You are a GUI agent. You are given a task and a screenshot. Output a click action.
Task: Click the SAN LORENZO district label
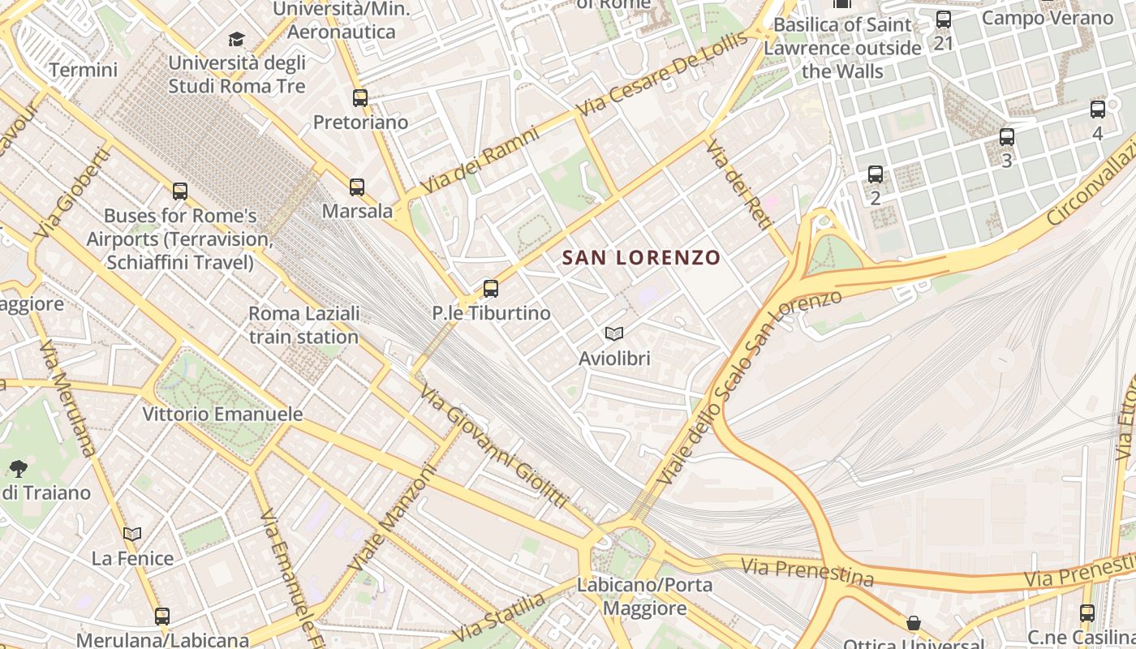point(641,258)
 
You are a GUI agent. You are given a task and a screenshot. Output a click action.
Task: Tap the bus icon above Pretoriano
point(360,98)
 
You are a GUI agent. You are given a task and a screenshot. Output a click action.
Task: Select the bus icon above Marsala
point(357,187)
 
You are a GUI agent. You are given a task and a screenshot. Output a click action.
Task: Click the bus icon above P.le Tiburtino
point(490,289)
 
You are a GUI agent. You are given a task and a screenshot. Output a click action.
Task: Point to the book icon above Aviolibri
point(614,333)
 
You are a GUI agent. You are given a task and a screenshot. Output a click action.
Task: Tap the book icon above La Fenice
point(132,534)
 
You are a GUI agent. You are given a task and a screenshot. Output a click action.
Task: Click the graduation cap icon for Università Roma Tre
point(236,39)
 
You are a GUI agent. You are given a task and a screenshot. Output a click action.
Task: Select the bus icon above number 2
point(875,174)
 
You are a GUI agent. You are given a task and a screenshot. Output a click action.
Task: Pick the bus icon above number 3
point(1007,136)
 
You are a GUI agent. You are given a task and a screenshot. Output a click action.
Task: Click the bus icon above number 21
point(943,19)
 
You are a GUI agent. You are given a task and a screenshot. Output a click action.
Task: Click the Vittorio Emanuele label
point(211,414)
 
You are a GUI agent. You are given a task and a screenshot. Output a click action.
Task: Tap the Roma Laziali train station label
point(303,324)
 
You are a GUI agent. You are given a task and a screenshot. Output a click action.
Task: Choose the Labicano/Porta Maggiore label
point(645,596)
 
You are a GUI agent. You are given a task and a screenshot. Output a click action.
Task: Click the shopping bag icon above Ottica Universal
point(914,623)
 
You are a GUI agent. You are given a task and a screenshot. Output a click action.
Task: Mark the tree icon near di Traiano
point(18,468)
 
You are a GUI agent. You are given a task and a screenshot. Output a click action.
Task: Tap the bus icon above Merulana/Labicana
point(162,616)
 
